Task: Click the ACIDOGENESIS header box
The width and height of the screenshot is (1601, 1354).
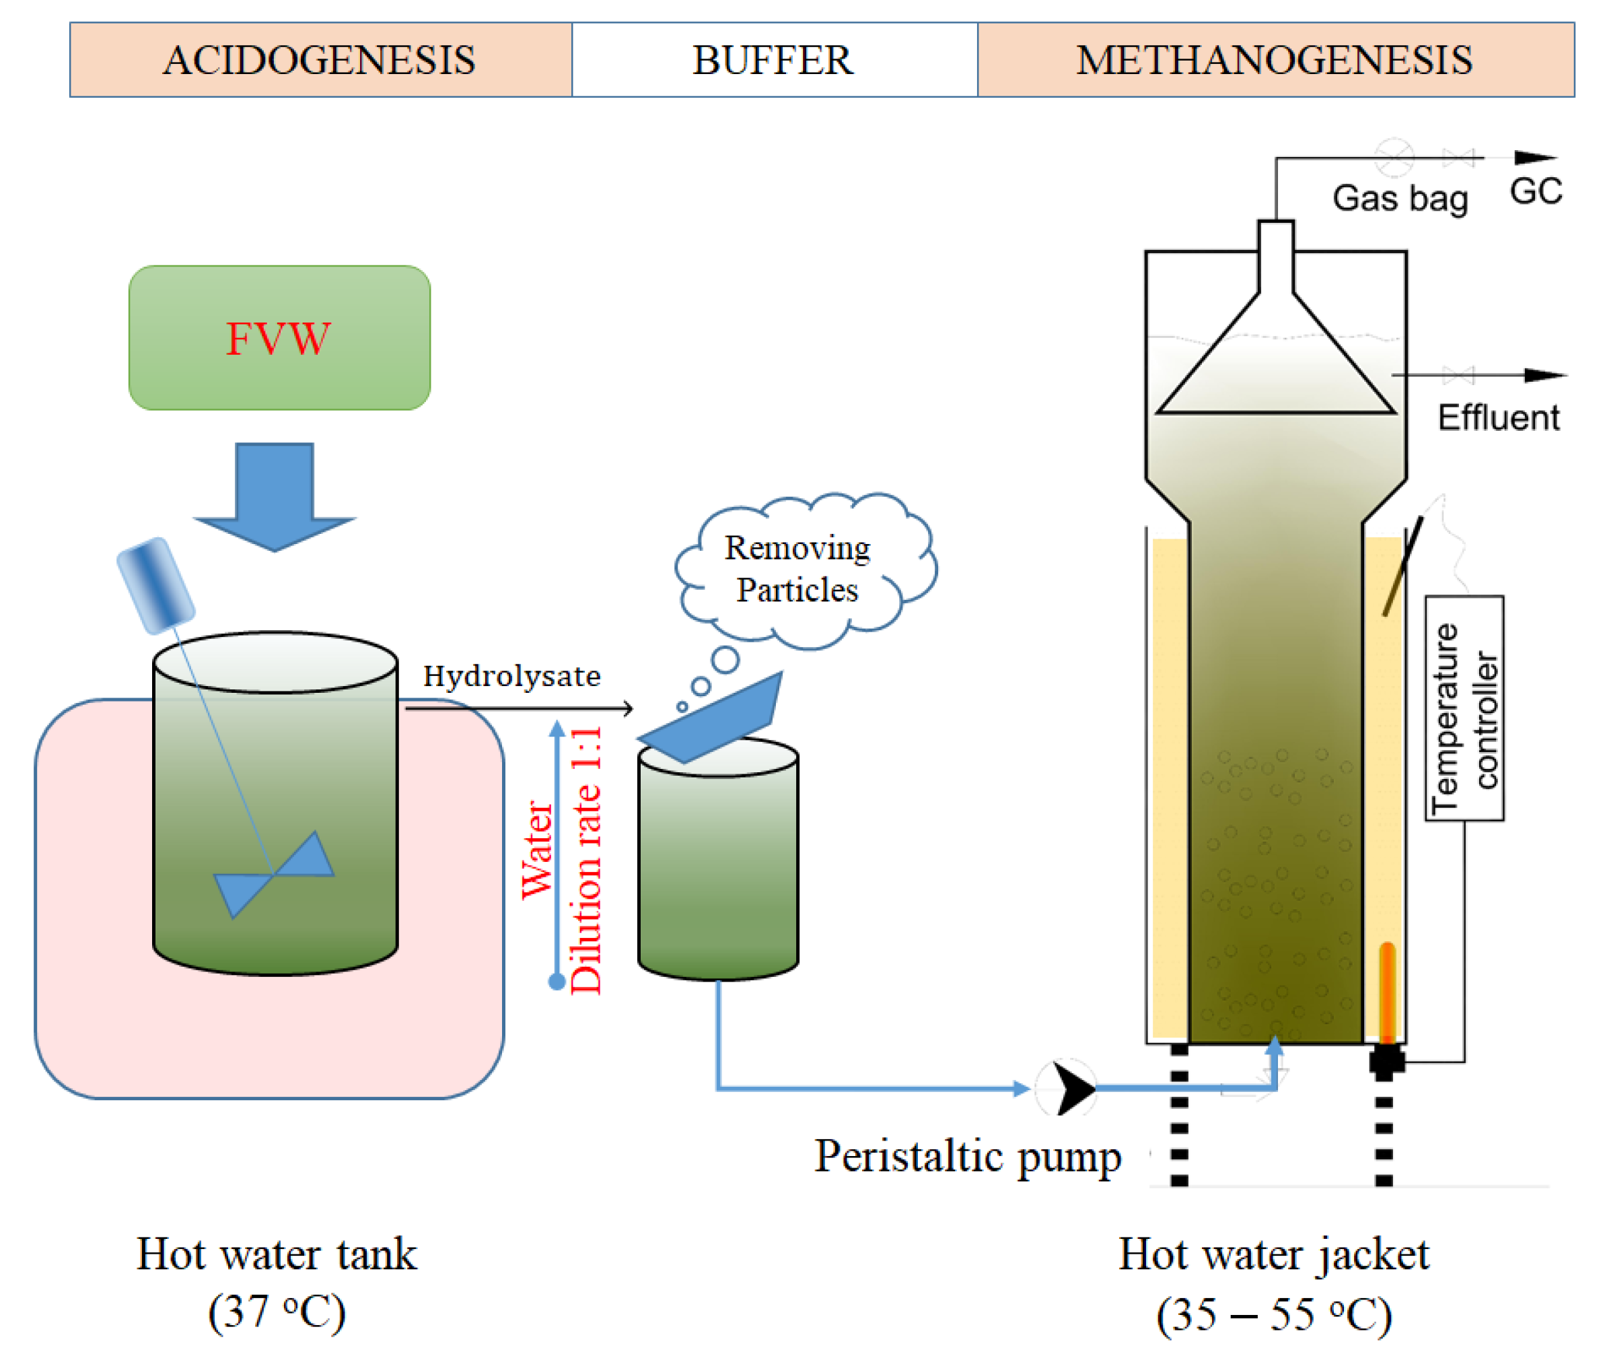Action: coord(320,60)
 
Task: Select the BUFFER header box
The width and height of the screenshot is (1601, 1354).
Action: coord(773,60)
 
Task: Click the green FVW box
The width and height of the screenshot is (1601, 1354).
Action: coord(279,338)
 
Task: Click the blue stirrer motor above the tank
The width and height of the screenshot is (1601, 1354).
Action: coord(155,586)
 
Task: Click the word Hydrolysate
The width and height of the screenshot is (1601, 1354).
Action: coord(511,675)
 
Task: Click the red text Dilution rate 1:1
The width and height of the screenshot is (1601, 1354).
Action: coord(587,860)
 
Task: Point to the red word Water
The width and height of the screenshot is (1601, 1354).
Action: coord(537,850)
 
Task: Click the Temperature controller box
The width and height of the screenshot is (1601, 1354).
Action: coord(1463,708)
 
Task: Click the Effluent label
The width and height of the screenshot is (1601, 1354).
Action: coord(1497,418)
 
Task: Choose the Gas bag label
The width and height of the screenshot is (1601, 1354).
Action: coord(1400,199)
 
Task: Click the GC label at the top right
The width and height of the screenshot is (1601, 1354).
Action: coord(1535,191)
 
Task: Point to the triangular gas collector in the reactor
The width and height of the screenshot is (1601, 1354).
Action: coord(1275,368)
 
